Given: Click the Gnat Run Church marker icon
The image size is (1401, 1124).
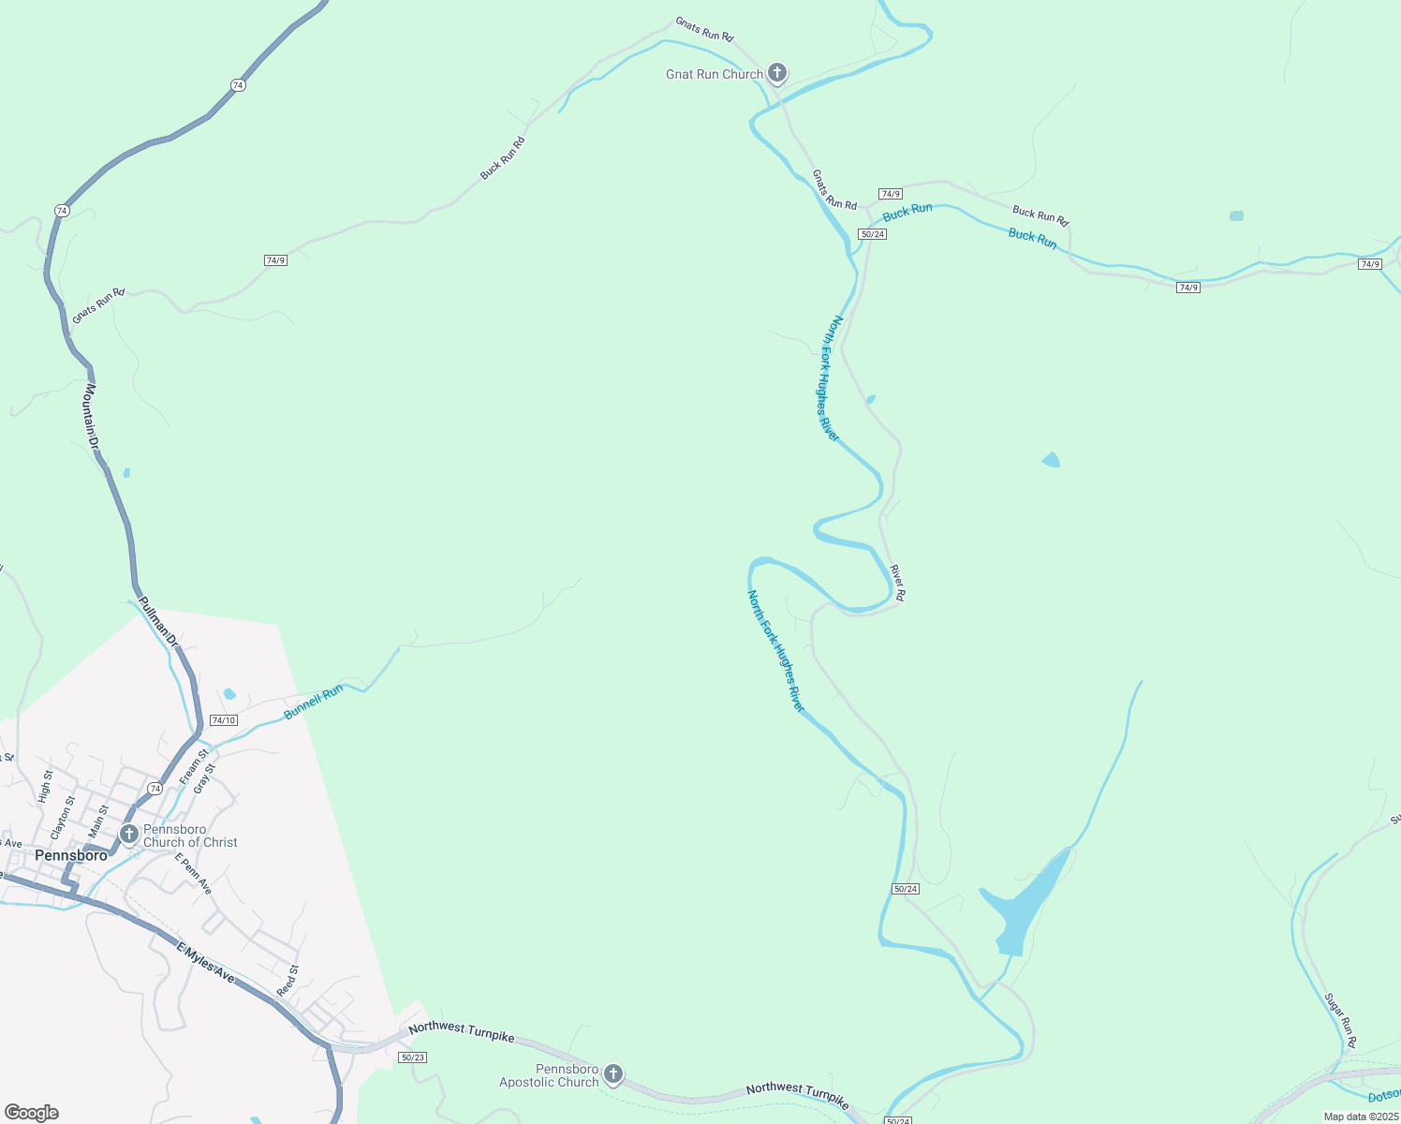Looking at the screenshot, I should [x=776, y=72].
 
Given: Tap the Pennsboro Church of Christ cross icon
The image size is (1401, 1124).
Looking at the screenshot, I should [x=129, y=834].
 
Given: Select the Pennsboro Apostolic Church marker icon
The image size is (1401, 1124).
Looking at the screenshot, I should [x=613, y=1073].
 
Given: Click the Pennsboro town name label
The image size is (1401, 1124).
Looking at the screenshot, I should [x=71, y=855].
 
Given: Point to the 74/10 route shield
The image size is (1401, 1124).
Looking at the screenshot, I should [x=224, y=720].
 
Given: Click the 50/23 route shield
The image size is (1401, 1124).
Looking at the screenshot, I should [x=412, y=1057].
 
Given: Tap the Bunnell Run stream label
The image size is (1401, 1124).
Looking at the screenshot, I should [x=314, y=702].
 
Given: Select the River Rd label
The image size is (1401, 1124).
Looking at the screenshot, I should [x=897, y=582].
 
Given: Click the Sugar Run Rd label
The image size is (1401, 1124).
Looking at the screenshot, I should [x=1341, y=1021].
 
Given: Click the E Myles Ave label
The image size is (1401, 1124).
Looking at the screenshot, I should [x=206, y=963].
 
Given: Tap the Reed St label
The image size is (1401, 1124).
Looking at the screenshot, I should [x=288, y=981].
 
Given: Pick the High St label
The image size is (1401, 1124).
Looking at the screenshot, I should [x=45, y=787].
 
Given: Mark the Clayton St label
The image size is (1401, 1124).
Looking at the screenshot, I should [x=63, y=817].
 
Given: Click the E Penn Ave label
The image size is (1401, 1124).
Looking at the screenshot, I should [x=193, y=873].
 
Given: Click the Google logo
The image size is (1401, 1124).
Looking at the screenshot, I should [x=31, y=1113].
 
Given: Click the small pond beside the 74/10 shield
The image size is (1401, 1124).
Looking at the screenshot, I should [x=229, y=694].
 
